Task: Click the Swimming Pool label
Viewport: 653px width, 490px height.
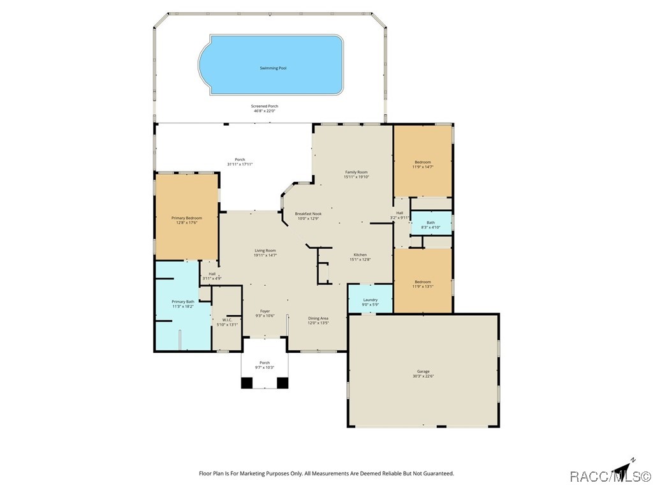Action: (273, 68)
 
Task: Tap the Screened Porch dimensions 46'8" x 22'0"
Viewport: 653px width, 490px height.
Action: (265, 111)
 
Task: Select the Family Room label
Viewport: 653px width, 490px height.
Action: (356, 172)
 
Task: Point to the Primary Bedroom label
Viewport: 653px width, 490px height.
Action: (187, 218)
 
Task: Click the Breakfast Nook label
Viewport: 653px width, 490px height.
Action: (308, 214)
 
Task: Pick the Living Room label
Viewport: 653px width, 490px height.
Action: (265, 250)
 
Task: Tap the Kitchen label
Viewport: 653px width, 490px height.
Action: (360, 255)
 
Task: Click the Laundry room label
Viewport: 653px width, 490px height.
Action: (371, 300)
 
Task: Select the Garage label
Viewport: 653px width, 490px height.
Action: (423, 371)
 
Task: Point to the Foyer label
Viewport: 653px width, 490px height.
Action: (265, 311)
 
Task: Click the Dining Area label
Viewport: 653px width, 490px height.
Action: (318, 318)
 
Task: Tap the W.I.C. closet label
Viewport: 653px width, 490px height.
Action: (227, 320)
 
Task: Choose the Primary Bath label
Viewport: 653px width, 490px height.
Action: (183, 302)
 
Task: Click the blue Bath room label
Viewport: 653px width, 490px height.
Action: (430, 223)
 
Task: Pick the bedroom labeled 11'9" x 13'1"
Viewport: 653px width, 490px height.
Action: (423, 281)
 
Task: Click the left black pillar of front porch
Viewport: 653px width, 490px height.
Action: (247, 383)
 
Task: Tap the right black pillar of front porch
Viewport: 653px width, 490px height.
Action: (282, 383)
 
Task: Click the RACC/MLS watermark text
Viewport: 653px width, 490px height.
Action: (610, 476)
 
